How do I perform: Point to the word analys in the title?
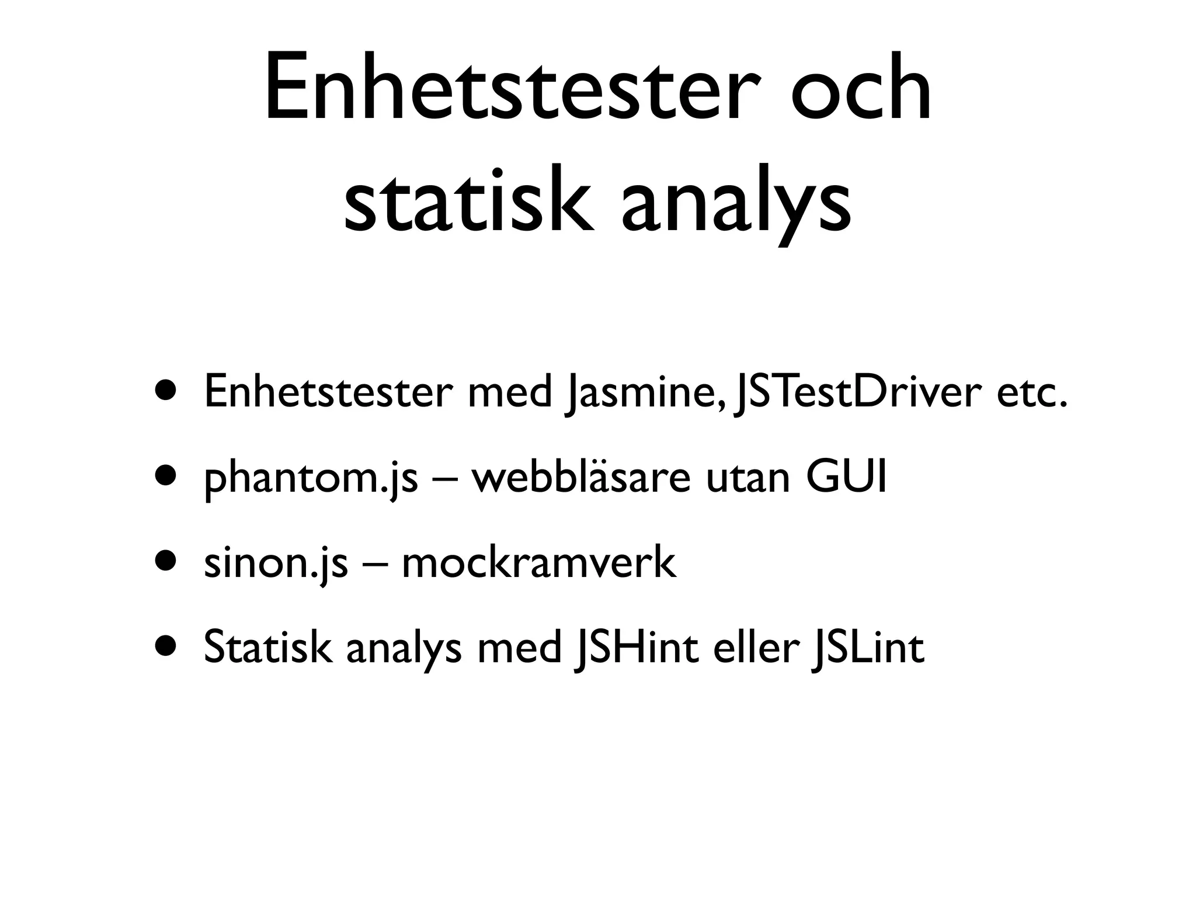point(736,201)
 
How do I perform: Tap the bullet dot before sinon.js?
point(165,562)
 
